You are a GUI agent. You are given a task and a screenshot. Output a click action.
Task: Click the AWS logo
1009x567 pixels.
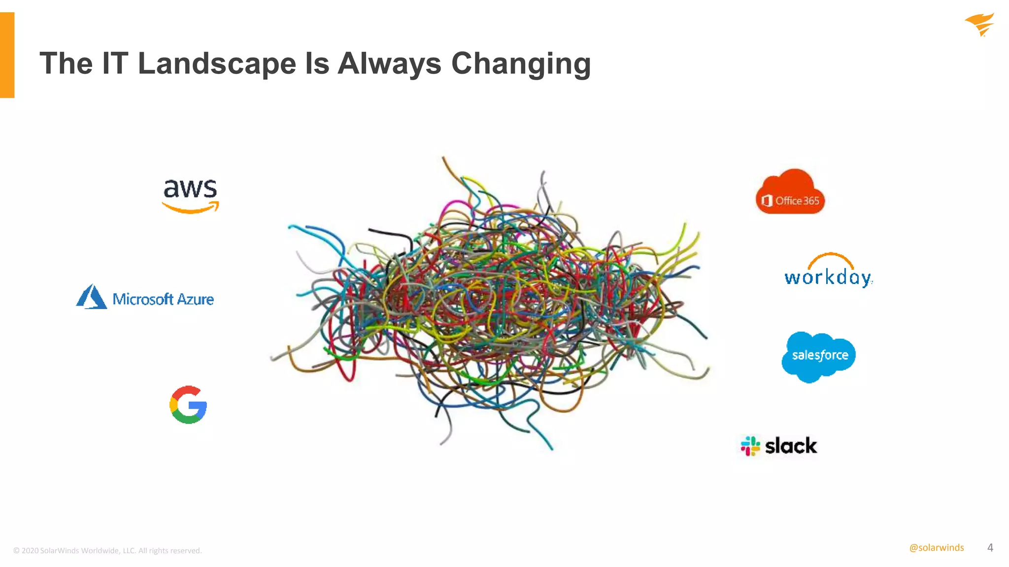coord(190,195)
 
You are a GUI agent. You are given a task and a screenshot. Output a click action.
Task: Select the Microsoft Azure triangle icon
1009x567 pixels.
coord(91,297)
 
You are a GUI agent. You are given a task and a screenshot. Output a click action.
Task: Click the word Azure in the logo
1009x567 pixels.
coord(195,299)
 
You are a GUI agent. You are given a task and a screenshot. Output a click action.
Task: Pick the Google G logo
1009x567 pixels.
coord(188,405)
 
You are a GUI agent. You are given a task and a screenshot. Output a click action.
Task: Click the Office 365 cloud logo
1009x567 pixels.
coord(790,192)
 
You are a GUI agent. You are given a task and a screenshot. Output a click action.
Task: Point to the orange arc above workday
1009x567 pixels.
coord(831,259)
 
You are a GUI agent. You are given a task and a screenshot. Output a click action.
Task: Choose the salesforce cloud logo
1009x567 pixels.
coord(819,356)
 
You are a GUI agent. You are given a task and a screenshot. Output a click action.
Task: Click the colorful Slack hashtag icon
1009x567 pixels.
coord(750,446)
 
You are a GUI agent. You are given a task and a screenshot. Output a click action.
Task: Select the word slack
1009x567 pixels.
coord(791,446)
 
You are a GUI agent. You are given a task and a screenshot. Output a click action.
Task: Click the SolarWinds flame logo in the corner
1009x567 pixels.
coord(979,25)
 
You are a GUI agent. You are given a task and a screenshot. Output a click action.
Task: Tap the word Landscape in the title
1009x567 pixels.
coord(216,63)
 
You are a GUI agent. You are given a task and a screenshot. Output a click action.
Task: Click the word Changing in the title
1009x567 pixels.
coord(521,64)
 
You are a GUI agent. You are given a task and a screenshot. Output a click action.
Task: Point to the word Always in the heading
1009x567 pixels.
coord(389,63)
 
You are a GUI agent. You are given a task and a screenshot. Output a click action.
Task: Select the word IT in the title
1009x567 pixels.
coord(115,63)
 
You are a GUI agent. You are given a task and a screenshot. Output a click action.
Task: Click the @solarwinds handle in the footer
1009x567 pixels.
coord(936,547)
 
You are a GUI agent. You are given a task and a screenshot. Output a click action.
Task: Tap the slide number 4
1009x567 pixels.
coord(990,547)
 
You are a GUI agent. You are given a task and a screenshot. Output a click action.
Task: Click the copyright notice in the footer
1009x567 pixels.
coord(107,550)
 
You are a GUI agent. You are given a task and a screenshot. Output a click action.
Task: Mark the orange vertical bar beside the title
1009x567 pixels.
coord(7,55)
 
